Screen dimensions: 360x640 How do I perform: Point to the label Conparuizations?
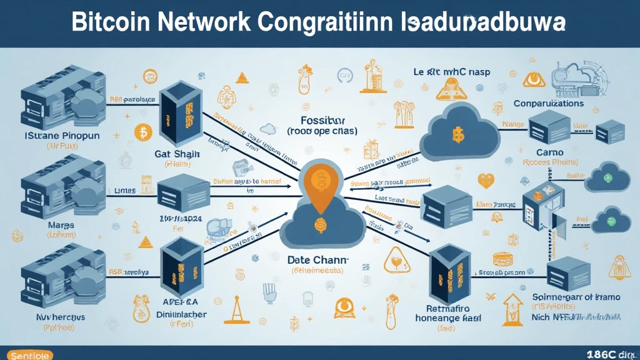(548, 103)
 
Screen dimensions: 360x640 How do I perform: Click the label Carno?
(549, 152)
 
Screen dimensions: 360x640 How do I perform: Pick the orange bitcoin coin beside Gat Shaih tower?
(143, 132)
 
